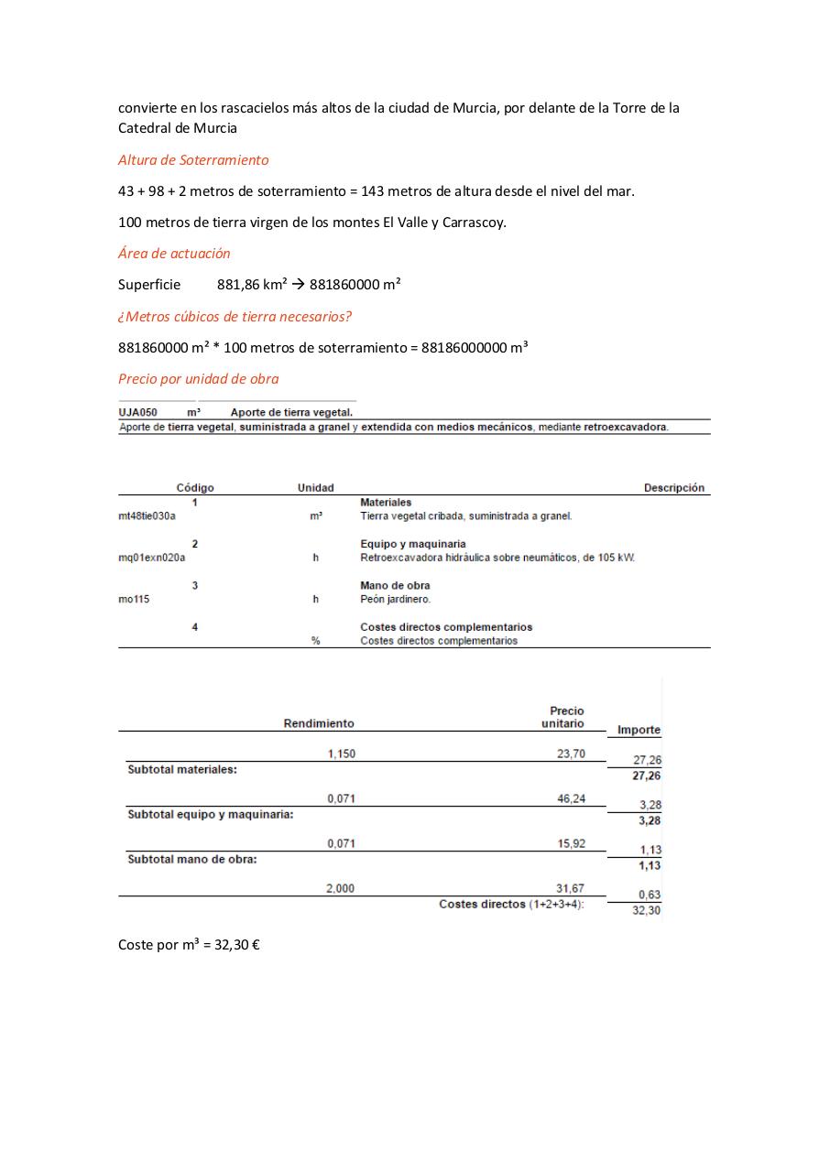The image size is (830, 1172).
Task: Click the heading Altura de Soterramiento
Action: [193, 160]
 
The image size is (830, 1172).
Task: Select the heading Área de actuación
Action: [174, 254]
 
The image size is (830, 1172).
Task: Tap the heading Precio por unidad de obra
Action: [198, 379]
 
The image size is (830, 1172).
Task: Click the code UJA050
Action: [137, 412]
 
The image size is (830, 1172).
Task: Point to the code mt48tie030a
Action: [147, 516]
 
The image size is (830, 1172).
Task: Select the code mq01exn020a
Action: [151, 558]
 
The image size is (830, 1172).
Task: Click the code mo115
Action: [134, 600]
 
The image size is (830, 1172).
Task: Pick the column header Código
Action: [194, 488]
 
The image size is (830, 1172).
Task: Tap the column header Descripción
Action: [673, 488]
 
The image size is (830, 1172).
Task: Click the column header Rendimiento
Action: [318, 723]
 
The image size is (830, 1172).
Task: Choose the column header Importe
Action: [639, 730]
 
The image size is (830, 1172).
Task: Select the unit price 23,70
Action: [571, 754]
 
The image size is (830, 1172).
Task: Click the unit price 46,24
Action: [571, 799]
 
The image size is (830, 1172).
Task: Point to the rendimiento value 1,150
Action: [341, 754]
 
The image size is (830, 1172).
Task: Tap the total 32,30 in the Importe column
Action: [646, 910]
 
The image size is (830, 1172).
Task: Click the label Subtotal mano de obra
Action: [191, 860]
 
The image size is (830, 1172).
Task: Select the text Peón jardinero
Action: [395, 600]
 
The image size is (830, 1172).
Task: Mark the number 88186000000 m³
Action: [475, 348]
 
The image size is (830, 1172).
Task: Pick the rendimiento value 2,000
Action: [341, 888]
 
